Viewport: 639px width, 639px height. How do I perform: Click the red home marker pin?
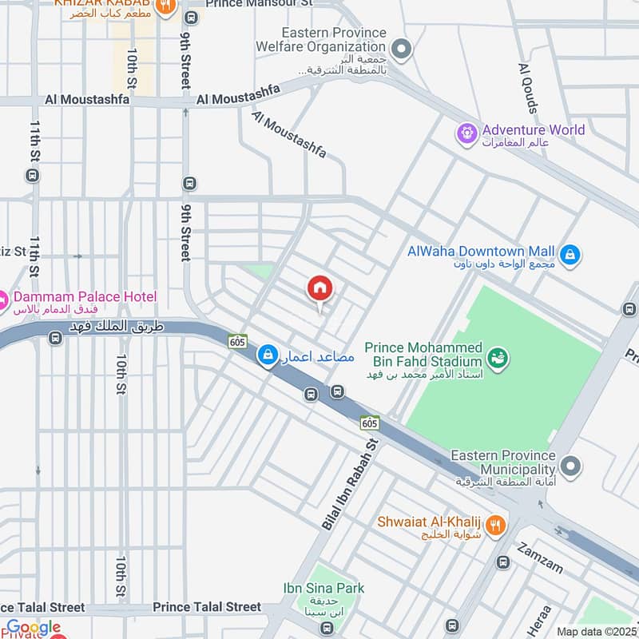coord(319,289)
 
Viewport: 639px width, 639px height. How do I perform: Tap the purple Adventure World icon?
coord(466,131)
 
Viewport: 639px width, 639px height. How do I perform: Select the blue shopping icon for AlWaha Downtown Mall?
coord(570,256)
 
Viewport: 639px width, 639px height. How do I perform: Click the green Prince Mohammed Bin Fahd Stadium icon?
coord(497,356)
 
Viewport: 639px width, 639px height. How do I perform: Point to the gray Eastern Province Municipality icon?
coord(570,464)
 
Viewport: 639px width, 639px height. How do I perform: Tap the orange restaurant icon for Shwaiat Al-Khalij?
coord(496,525)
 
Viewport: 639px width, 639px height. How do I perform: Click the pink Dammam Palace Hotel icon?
coord(3,302)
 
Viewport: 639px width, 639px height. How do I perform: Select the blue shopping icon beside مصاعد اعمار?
coord(268,354)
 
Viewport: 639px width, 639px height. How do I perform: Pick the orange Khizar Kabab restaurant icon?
coord(165,7)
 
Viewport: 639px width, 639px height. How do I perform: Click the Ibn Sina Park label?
coord(323,589)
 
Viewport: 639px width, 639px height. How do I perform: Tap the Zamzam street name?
coord(540,558)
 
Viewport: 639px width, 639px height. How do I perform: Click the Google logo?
coord(34,628)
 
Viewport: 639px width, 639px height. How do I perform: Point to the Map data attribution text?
coord(597,631)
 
